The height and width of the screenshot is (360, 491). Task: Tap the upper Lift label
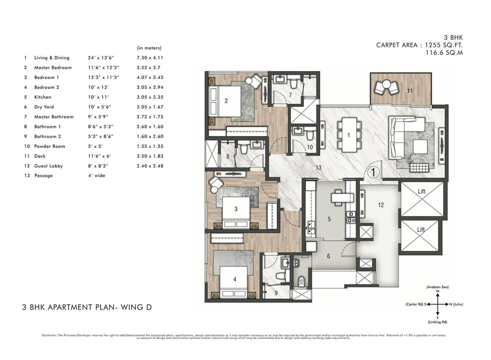point(421,191)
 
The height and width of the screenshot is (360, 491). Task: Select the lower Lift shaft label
point(421,230)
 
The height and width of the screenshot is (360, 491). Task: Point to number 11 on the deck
point(409,91)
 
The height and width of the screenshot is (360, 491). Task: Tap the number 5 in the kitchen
point(329,219)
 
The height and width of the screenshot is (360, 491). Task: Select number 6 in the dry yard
point(328,256)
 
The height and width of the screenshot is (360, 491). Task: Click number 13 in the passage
point(318,167)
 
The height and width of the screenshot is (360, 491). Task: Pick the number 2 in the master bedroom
point(226,100)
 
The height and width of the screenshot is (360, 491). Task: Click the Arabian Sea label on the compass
point(437,287)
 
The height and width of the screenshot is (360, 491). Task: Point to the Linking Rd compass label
point(437,322)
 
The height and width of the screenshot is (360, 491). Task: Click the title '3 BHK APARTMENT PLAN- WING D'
point(87,307)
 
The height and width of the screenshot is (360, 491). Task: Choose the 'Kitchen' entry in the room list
point(42,97)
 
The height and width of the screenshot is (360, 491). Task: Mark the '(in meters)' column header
point(149,48)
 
